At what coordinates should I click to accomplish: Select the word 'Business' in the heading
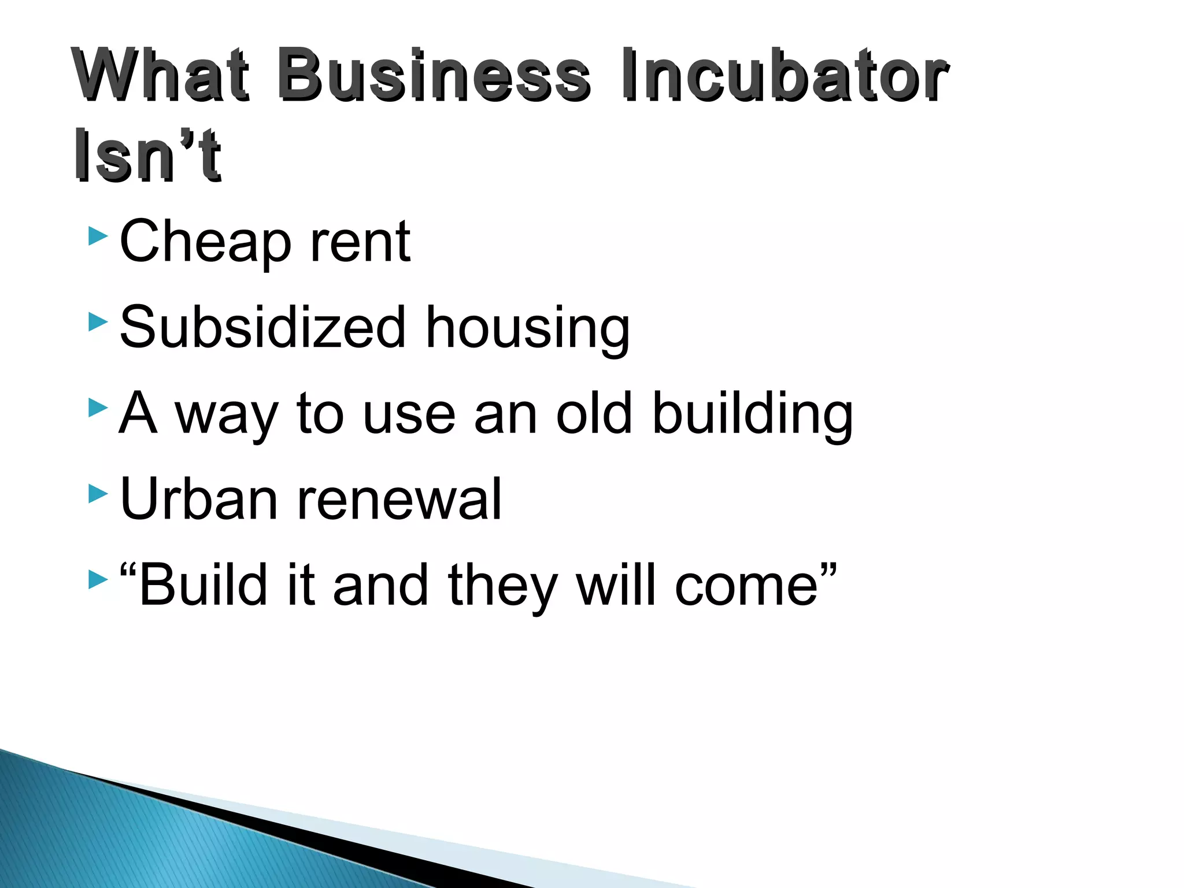coord(434,75)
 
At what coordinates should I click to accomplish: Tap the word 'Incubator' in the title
coord(784,75)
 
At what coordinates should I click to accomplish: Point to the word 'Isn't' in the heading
coord(147,155)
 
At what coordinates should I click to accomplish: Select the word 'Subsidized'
coord(263,327)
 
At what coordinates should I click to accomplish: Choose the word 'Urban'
coord(199,498)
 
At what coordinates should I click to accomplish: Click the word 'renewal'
coord(399,498)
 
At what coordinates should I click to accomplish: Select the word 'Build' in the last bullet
coord(203,584)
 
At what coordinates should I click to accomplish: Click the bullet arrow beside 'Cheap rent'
coord(98,236)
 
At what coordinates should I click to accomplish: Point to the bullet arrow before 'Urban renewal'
coord(98,494)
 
